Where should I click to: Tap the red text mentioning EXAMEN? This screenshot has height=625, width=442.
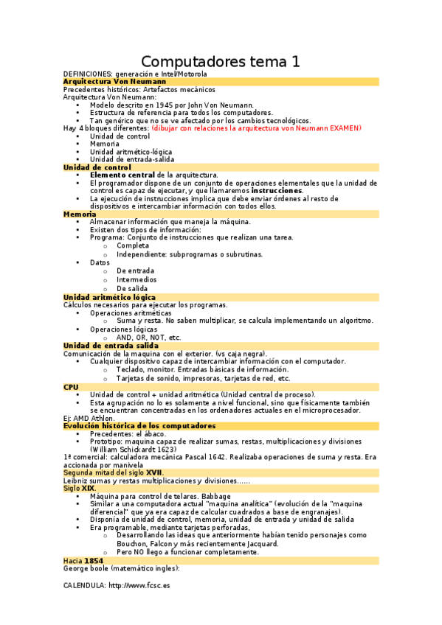coord(257,128)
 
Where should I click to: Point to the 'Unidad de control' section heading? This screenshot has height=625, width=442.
coord(97,167)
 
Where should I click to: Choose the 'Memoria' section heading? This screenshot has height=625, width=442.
coord(80,214)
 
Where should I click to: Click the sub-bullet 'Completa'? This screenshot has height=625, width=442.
coord(133,245)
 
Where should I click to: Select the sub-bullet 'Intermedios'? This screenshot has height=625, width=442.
coord(137,280)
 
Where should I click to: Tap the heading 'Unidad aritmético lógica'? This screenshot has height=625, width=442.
coord(109,296)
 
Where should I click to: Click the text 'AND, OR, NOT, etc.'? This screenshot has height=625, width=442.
coord(148,338)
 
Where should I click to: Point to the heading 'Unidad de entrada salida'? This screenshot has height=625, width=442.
coord(111,345)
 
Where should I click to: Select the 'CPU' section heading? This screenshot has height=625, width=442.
coord(71,386)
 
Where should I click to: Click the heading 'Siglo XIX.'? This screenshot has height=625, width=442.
coord(80,488)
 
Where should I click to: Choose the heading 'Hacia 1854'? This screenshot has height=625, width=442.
coord(83,560)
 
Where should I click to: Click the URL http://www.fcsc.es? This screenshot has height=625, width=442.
coord(139,585)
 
